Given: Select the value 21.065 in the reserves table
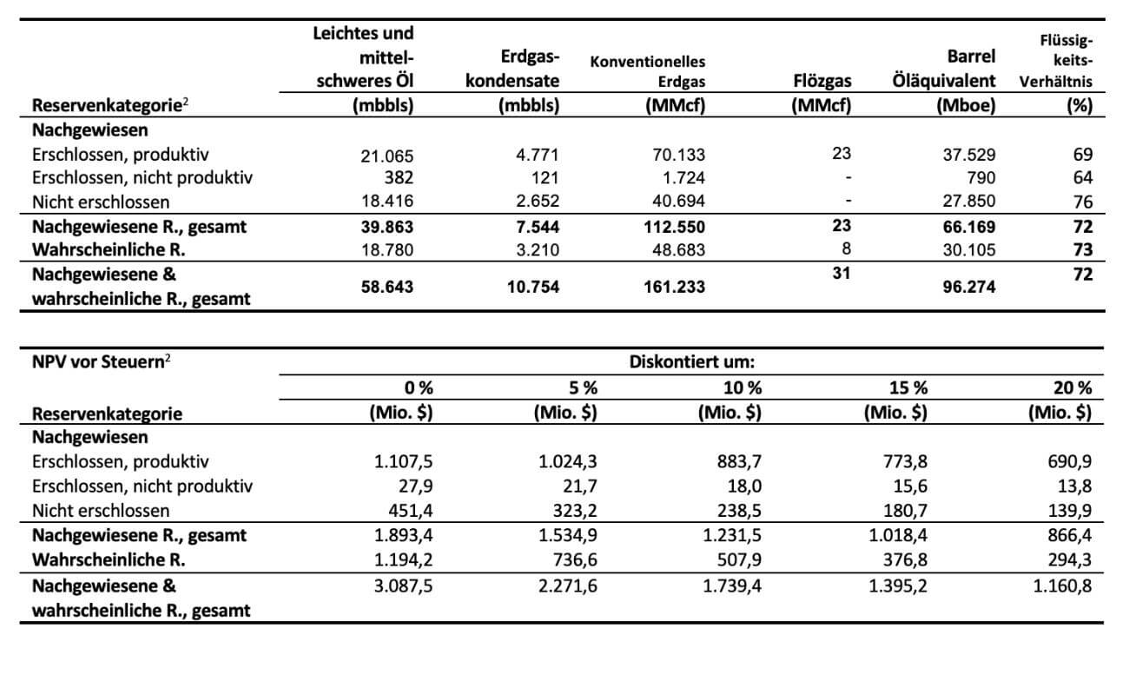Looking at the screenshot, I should [387, 156].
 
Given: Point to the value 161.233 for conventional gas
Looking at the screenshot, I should [673, 287].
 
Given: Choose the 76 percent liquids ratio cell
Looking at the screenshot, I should [1082, 202].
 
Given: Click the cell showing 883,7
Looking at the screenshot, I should [737, 462].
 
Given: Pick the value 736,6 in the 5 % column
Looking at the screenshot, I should [572, 560].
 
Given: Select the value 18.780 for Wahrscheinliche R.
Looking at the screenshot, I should [387, 250].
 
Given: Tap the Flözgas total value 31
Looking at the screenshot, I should [841, 274].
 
